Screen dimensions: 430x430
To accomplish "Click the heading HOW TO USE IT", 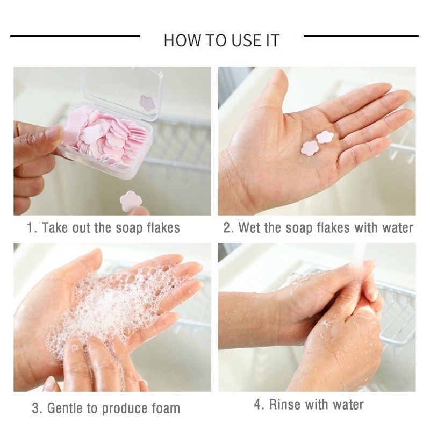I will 221,40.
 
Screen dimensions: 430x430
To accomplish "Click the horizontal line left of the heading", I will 75,36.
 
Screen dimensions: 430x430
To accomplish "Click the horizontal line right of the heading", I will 361,36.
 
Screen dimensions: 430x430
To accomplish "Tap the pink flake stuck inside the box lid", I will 147,102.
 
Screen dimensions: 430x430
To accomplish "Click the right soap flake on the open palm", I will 325,137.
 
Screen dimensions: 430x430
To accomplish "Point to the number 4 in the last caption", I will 257,404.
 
